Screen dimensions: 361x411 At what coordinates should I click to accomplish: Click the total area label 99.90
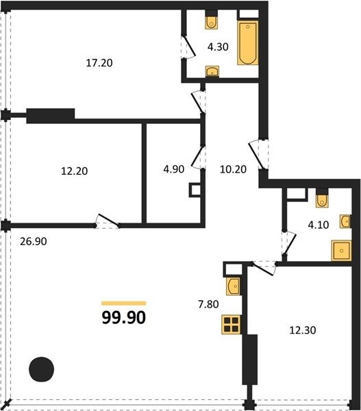[124, 317]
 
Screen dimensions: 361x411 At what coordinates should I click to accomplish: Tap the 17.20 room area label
[99, 63]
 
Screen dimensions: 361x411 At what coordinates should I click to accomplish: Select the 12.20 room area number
[75, 171]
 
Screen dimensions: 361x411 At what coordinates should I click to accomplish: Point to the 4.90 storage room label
[174, 169]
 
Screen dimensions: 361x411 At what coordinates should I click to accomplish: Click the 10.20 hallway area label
[233, 169]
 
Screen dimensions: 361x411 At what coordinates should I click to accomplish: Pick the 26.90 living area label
[34, 241]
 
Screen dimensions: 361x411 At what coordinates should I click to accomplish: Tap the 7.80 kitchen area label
[208, 304]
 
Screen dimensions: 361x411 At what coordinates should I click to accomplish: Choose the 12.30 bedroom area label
[303, 330]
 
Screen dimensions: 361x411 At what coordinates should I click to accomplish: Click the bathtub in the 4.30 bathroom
[248, 42]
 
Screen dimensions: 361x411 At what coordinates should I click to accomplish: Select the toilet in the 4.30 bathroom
[211, 23]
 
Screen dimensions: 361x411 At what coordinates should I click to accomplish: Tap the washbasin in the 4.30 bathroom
[212, 71]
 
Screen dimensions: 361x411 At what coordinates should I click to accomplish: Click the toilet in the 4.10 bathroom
[322, 201]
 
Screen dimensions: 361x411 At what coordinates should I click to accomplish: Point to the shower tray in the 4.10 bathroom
[341, 251]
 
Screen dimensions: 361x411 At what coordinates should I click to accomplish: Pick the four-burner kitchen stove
[232, 325]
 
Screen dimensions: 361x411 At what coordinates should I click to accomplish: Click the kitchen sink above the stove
[233, 286]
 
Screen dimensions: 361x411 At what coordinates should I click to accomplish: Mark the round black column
[41, 369]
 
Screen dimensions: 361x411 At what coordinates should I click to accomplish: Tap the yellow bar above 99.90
[124, 303]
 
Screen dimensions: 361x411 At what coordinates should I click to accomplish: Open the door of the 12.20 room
[108, 220]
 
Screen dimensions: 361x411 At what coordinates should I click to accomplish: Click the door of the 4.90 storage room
[198, 157]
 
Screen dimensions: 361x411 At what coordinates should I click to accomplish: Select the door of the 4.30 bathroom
[189, 47]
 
